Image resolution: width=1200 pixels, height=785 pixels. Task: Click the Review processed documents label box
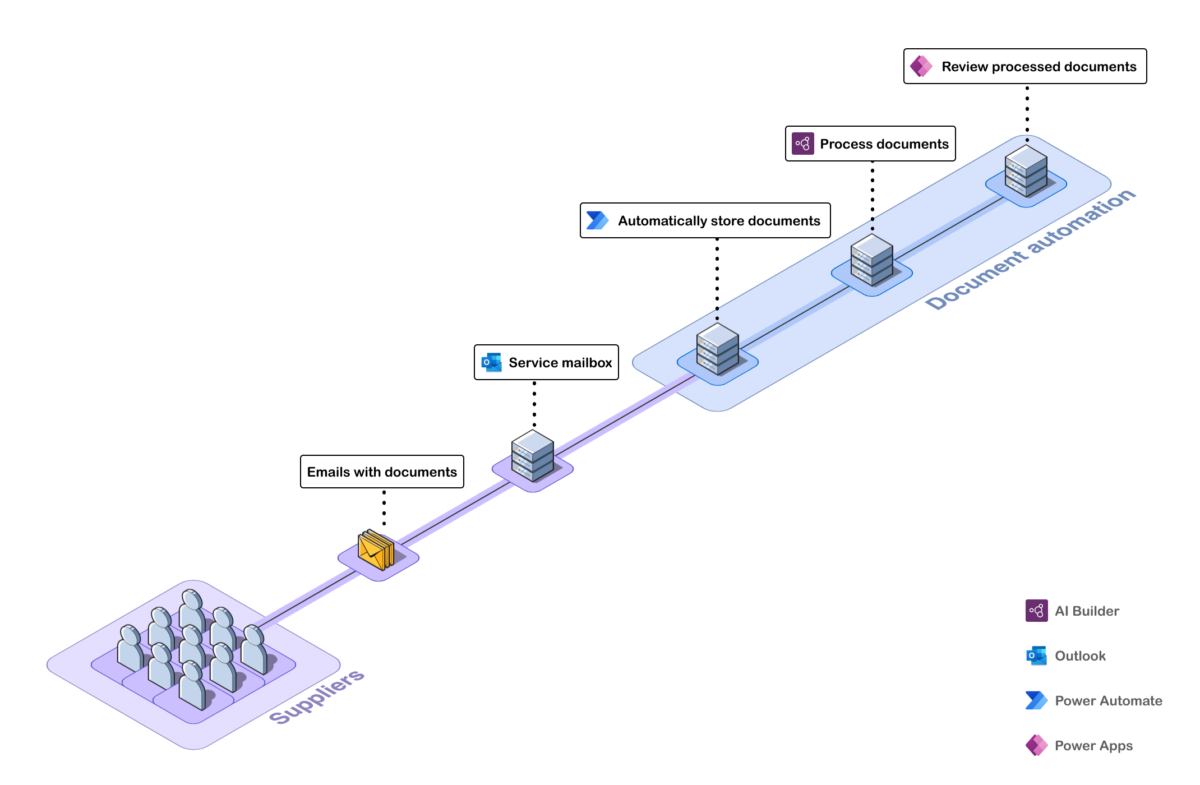tap(1025, 66)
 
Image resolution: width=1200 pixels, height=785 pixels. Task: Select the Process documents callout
tap(870, 144)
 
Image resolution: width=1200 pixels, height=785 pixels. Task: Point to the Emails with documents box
tap(382, 472)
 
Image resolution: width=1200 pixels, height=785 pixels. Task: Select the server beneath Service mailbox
tap(532, 456)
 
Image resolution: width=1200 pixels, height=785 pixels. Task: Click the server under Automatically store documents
tap(717, 349)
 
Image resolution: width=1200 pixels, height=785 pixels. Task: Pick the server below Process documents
tap(871, 260)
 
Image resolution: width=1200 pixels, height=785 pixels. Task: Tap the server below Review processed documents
tap(1026, 171)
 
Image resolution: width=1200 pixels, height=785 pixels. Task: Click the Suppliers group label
tap(317, 696)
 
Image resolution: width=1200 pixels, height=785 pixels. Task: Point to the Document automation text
tap(1030, 250)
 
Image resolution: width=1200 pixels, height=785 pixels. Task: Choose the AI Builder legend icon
tap(1036, 611)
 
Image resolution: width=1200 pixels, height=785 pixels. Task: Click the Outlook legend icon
tap(1036, 655)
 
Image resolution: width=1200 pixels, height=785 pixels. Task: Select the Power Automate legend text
tap(1108, 701)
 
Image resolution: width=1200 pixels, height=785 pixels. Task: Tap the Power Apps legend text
tap(1093, 746)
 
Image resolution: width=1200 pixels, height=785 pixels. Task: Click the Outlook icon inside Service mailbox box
tap(491, 362)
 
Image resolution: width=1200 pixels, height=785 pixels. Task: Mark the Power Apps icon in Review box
tap(921, 66)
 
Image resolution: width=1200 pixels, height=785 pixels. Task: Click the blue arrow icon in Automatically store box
tap(597, 220)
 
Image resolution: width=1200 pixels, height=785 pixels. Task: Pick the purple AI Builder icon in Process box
tap(802, 144)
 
